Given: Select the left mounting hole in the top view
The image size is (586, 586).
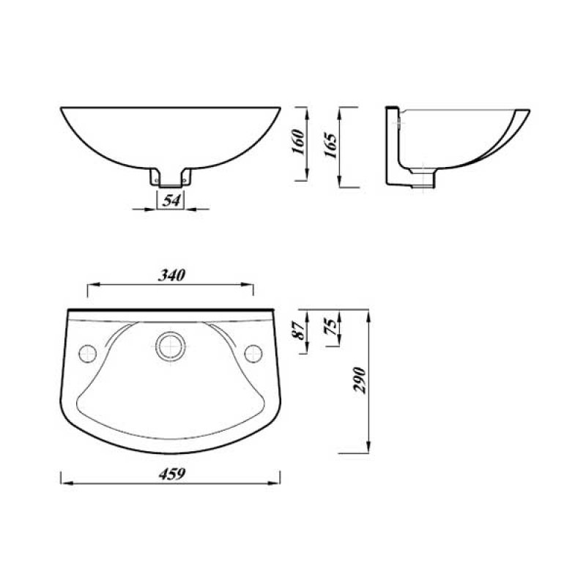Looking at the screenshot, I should click(x=88, y=352).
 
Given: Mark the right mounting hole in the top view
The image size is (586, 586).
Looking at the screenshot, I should click(x=253, y=352).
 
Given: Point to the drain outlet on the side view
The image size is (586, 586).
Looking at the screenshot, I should click(x=424, y=179).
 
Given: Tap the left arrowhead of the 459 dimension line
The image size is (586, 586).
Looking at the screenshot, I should click(x=62, y=483).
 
